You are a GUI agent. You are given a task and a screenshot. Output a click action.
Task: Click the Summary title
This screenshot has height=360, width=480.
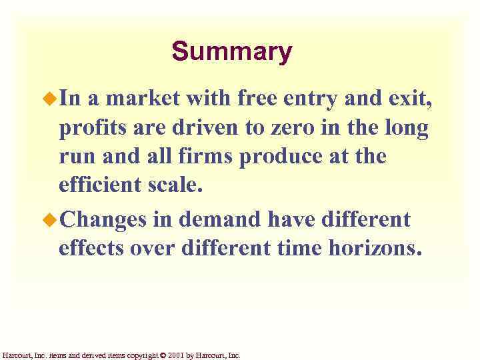pyautogui.click(x=231, y=52)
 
